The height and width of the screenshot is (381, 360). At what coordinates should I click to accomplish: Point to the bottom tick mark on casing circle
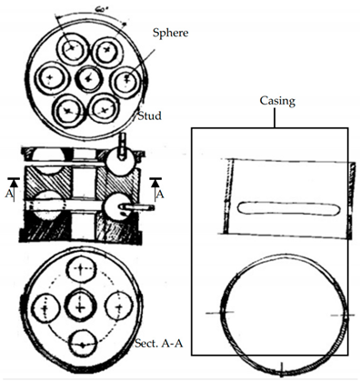click(283, 368)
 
